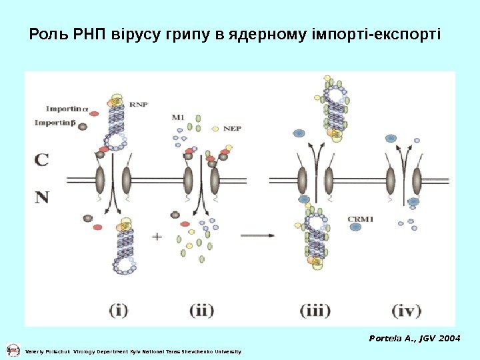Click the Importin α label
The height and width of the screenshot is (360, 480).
pyautogui.click(x=67, y=109)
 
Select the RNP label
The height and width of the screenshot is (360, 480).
pyautogui.click(x=139, y=104)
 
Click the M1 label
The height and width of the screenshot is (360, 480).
pyautogui.click(x=178, y=117)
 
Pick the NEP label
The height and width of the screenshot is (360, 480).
pyautogui.click(x=232, y=128)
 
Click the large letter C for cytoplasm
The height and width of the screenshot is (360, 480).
pyautogui.click(x=41, y=160)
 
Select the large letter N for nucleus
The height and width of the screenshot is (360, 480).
pyautogui.click(x=41, y=197)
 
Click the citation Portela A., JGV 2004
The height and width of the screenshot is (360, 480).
pyautogui.click(x=414, y=339)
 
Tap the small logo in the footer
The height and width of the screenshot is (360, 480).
pyautogui.click(x=13, y=350)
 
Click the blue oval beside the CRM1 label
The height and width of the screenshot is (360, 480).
pyautogui.click(x=355, y=227)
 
